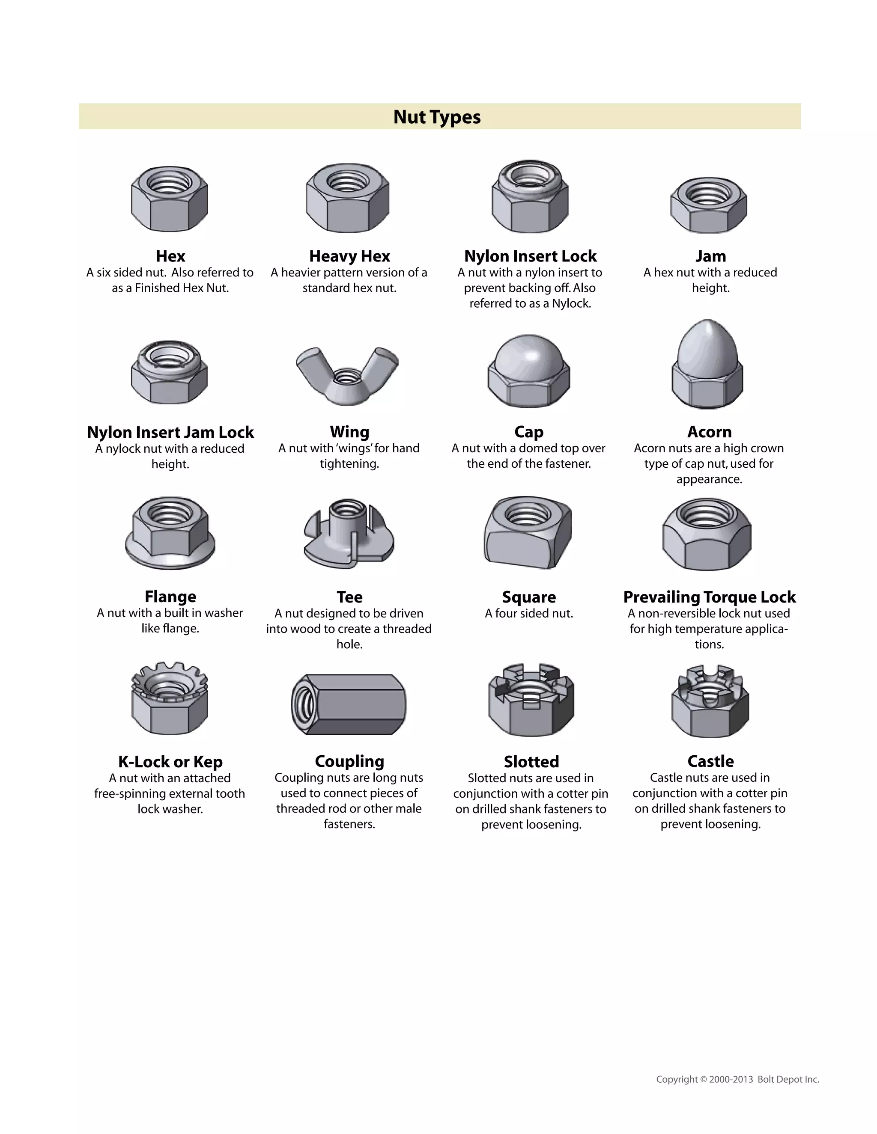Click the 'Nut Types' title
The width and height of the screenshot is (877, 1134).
437,117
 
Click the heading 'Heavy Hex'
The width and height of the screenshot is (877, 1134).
349,256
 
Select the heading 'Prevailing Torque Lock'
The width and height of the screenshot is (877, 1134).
709,597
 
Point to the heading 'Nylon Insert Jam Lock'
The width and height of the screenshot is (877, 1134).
170,432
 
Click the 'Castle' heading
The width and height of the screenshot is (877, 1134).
710,761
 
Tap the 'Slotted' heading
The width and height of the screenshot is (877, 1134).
531,762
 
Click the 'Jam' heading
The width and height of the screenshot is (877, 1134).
710,256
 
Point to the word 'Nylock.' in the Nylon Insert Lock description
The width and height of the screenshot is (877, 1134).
571,304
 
